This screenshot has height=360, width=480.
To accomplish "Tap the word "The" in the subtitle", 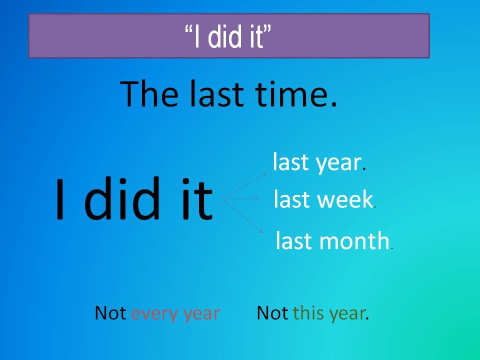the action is pos(149,93).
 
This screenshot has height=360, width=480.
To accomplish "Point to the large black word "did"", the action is pos(122,198).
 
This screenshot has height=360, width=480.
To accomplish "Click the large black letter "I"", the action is pos(60,199).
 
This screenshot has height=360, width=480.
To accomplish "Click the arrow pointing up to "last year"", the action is pos(244,186).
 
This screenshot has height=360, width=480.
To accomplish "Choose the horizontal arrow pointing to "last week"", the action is pos(240,199).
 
